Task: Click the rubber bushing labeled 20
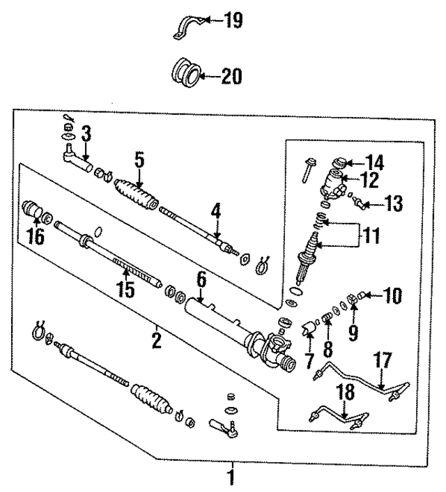pyautogui.click(x=185, y=73)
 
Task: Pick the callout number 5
pyautogui.click(x=139, y=160)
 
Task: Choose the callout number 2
pyautogui.click(x=157, y=341)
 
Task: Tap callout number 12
pyautogui.click(x=369, y=180)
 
